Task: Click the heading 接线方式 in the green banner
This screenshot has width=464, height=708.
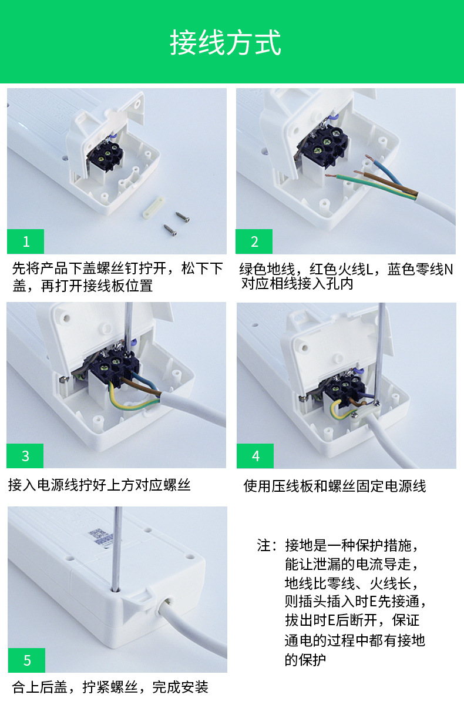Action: pyautogui.click(x=226, y=43)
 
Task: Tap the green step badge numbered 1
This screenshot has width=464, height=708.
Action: pyautogui.click(x=25, y=241)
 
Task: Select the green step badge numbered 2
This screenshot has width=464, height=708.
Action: pyautogui.click(x=254, y=241)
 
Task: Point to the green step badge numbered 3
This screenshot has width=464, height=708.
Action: pyautogui.click(x=25, y=455)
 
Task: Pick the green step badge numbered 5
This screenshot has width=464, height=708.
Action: pyautogui.click(x=27, y=660)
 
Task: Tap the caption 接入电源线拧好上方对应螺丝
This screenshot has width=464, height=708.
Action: pyautogui.click(x=99, y=485)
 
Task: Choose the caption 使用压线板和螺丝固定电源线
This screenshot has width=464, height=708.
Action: pyautogui.click(x=335, y=486)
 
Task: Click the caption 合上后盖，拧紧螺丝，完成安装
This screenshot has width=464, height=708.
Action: pyautogui.click(x=110, y=687)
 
